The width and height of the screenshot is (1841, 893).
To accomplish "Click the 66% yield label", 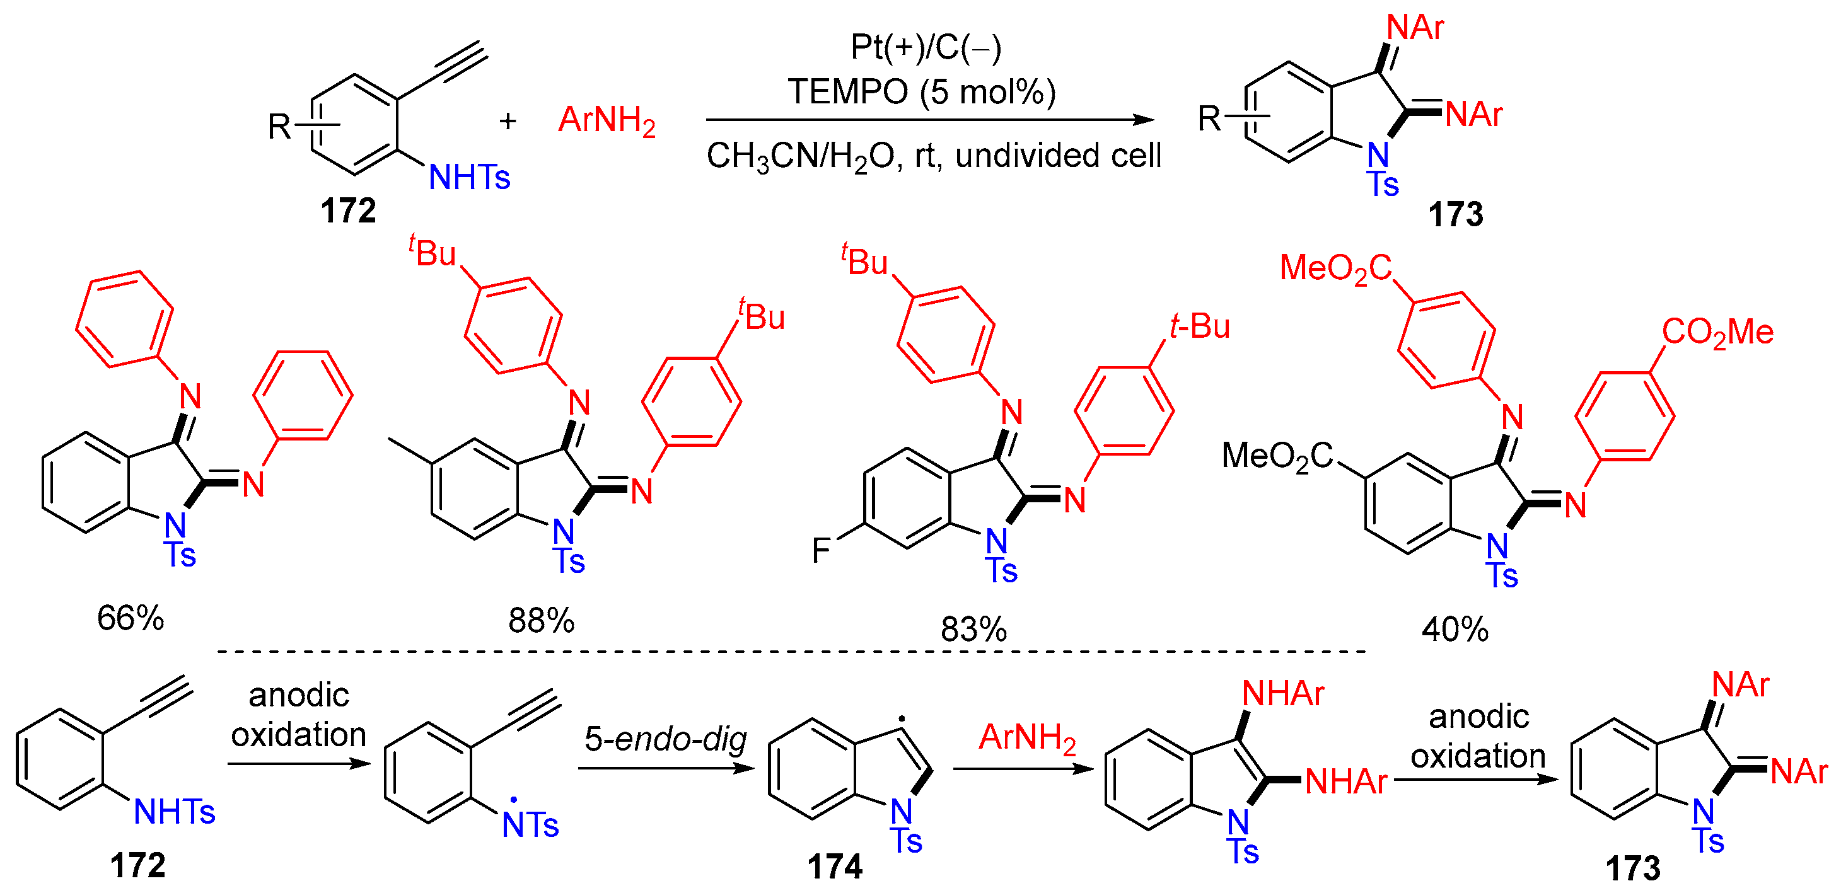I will [x=130, y=619].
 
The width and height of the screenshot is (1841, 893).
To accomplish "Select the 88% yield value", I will [x=541, y=621].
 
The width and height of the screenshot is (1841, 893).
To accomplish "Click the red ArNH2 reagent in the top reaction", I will [x=607, y=120].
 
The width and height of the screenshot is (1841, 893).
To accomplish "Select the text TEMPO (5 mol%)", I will [x=921, y=92].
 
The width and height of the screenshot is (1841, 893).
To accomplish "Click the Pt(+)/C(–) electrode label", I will [x=926, y=48].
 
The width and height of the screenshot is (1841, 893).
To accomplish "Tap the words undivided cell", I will [x=1058, y=156].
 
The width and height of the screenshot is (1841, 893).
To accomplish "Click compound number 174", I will [x=835, y=867].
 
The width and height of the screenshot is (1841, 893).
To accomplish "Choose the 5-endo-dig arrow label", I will [x=665, y=739].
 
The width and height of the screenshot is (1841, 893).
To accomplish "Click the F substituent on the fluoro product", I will [x=821, y=551].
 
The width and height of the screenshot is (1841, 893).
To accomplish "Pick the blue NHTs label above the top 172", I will [x=469, y=177].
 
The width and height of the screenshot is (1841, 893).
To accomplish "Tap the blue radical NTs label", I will [x=530, y=825].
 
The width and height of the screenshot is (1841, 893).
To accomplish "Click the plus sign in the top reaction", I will [x=508, y=121].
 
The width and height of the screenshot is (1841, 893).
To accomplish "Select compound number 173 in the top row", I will [x=1455, y=214].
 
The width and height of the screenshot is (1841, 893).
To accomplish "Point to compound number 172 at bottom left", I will [x=137, y=866].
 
